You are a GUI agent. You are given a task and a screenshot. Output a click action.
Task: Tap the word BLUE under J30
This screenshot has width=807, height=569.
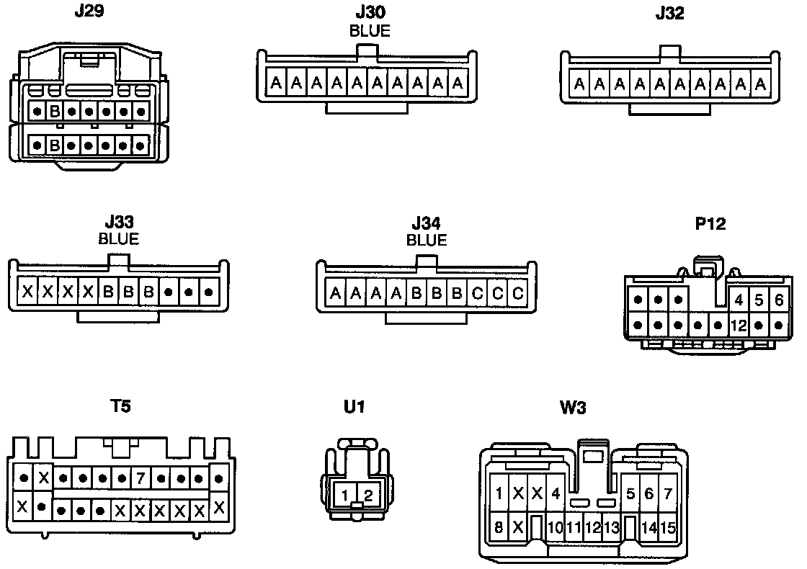coord(370,31)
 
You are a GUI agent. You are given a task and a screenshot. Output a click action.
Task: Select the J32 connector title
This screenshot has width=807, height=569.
coord(670,13)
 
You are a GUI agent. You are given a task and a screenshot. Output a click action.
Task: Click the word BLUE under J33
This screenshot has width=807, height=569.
coord(118,238)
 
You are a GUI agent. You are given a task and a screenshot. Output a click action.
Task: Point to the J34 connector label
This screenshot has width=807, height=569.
coord(427,224)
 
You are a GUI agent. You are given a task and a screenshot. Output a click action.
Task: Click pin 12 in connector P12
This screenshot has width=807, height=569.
coord(738,325)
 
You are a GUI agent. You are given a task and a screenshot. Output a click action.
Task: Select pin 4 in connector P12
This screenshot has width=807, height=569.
coord(739,300)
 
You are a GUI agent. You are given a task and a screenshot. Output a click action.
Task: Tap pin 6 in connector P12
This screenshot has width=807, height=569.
coord(779,300)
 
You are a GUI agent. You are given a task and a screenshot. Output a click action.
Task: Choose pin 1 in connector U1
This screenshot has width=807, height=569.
coord(346,495)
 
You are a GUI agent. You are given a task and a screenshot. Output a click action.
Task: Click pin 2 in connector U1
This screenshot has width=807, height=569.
coord(367,495)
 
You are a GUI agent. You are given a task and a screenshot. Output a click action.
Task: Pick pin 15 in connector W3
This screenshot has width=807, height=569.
coord(668,528)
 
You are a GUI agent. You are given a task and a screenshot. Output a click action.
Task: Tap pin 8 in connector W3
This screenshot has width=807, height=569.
coord(499,527)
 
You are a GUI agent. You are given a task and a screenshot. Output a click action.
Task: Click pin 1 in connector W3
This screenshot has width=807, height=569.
coord(499,493)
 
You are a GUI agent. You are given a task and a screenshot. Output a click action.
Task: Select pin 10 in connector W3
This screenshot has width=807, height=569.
coord(555,528)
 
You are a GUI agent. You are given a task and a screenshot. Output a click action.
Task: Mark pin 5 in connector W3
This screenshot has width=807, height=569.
coord(630,493)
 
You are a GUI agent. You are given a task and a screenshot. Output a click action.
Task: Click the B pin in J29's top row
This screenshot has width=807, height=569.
coord(55,112)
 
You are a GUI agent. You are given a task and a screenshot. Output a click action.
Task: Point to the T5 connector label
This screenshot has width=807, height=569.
coord(120,406)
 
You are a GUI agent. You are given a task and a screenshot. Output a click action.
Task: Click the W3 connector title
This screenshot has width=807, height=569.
coord(573,408)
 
